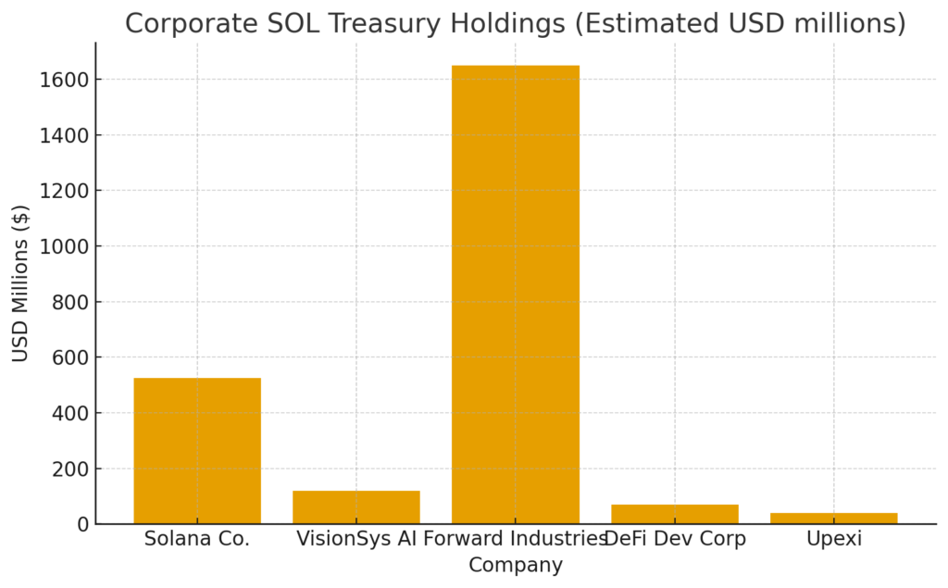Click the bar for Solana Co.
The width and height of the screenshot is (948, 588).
[x=197, y=451]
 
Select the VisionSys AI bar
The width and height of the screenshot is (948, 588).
[x=356, y=507]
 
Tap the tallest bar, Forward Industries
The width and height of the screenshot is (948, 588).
[x=516, y=294]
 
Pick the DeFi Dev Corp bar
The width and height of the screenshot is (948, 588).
[x=675, y=514]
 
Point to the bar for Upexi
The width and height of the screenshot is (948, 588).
[x=833, y=519]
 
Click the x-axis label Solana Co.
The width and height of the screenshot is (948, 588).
[x=197, y=539]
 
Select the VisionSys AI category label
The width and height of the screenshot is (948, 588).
[x=355, y=539]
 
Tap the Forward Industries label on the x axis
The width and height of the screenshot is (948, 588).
[x=515, y=539]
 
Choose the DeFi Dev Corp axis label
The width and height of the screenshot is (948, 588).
[x=675, y=539]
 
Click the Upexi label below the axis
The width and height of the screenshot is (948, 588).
[x=833, y=539]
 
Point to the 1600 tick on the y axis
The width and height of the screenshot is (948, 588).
[x=64, y=80]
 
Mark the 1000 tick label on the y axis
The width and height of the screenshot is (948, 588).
[x=64, y=246]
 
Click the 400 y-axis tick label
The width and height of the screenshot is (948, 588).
[x=69, y=413]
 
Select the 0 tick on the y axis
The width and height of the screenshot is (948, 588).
[x=82, y=524]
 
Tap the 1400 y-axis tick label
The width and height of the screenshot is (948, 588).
[x=64, y=135]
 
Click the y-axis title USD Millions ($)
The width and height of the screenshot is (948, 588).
[x=20, y=282]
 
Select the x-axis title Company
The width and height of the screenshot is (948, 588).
[x=515, y=565]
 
